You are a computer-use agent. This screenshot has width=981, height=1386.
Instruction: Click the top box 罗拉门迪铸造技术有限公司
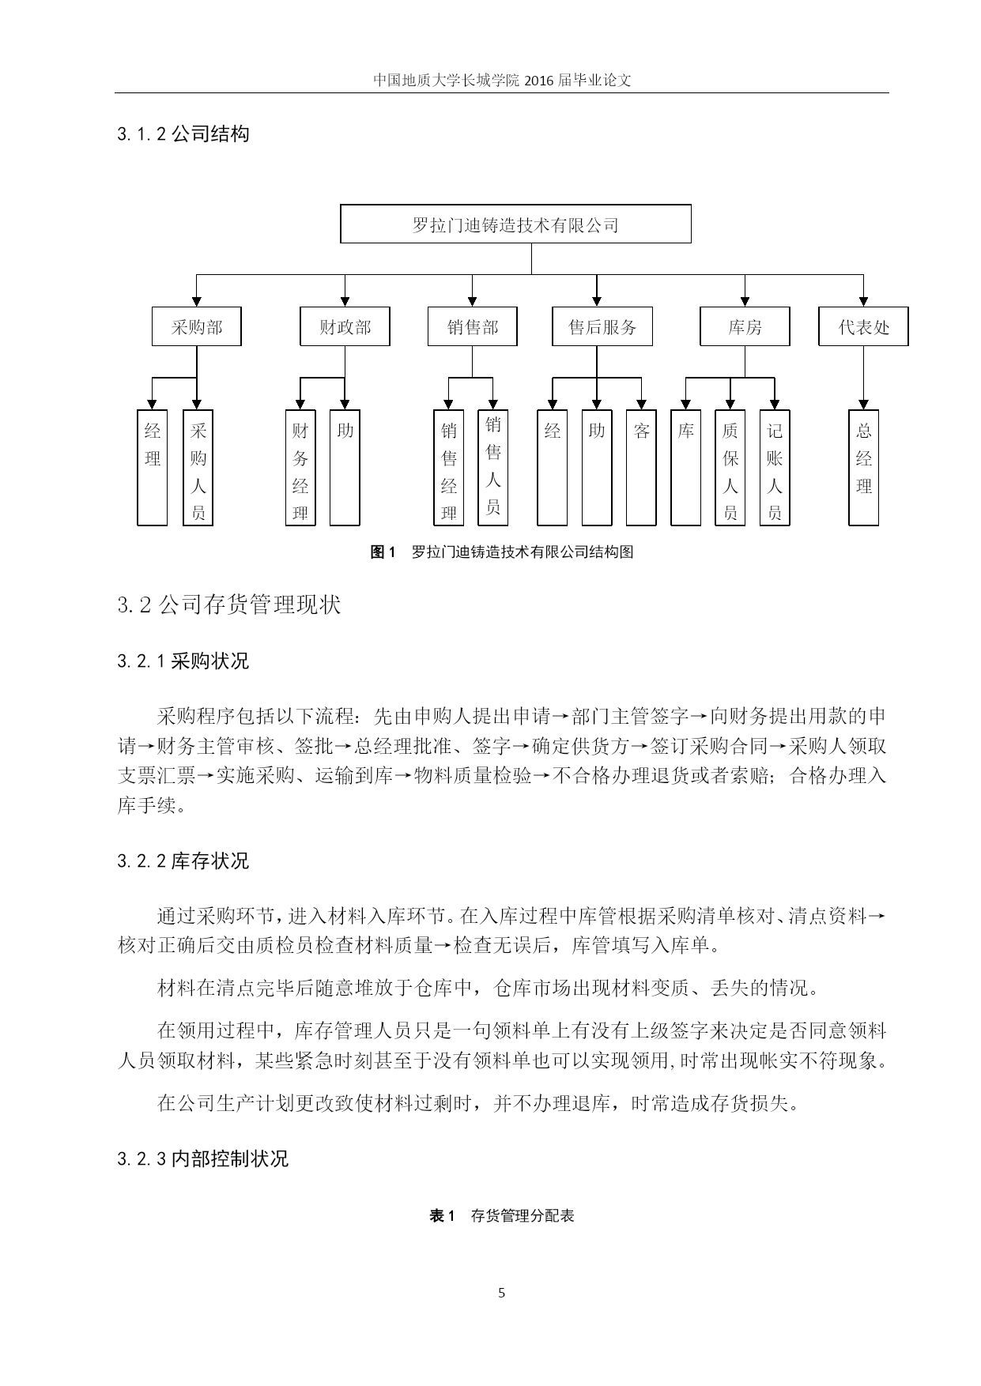(515, 224)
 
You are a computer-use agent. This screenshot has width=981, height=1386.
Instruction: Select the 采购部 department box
(197, 326)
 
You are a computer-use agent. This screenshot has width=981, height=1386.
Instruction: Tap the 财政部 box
(345, 326)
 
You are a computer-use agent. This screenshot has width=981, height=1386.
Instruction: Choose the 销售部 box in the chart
(472, 326)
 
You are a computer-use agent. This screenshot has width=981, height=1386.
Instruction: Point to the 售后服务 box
(602, 326)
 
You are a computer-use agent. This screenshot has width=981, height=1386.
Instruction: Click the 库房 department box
(745, 326)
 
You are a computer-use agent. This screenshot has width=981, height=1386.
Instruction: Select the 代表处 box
(863, 326)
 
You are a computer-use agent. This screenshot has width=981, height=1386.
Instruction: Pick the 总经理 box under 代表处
(864, 468)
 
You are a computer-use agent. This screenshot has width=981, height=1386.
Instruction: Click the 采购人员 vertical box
(198, 468)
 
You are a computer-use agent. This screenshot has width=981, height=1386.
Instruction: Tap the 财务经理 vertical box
(300, 468)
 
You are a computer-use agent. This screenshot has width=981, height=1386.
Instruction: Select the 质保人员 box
(730, 468)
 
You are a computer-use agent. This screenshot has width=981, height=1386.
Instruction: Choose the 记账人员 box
(775, 468)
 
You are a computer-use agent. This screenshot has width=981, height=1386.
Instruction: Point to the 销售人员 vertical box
(493, 468)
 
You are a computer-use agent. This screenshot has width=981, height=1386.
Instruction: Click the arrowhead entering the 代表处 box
(863, 302)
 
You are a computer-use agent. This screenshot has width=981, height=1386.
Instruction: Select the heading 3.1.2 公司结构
(183, 134)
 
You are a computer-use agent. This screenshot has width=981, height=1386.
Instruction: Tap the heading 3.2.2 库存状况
(183, 861)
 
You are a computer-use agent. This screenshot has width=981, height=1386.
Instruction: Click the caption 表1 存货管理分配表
(502, 1216)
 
